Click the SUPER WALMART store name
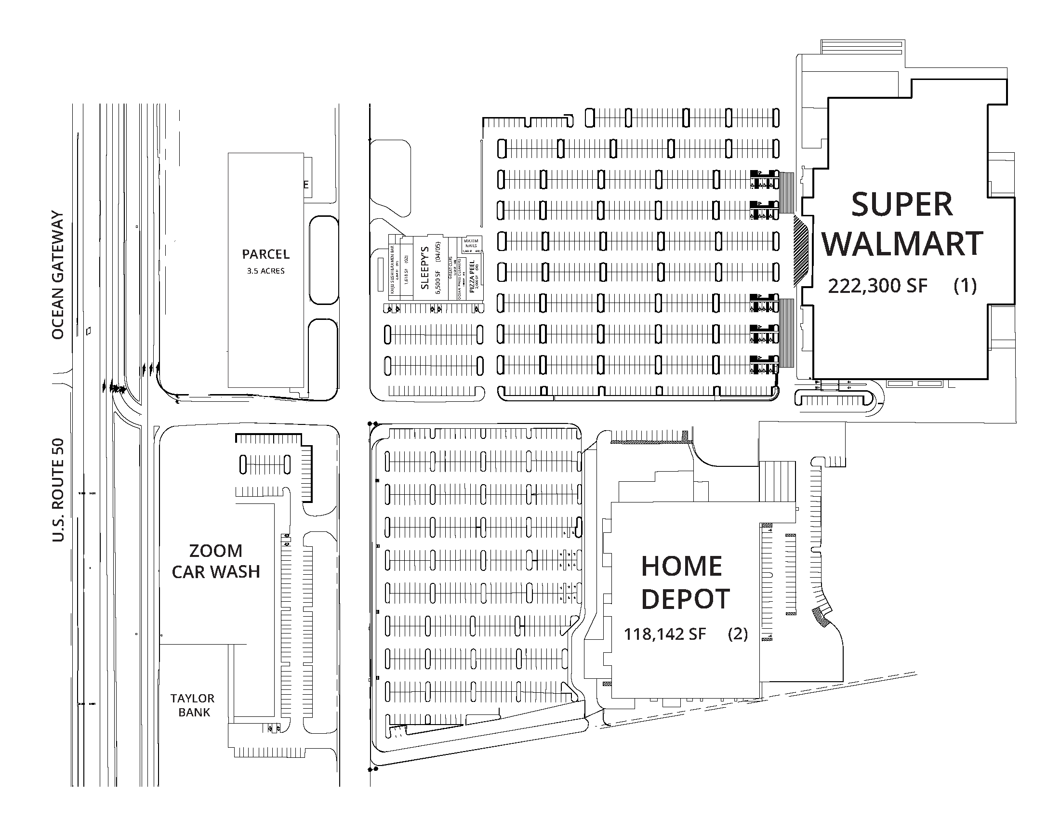point(902,224)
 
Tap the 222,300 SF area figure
point(877,286)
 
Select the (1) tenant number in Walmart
point(965,285)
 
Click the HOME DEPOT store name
point(685,582)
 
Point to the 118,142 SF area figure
point(664,634)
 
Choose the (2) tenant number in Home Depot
point(738,634)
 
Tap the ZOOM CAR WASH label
point(215,561)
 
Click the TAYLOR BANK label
point(193,705)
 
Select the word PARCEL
point(265,254)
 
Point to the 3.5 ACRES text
point(265,271)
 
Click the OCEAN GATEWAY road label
point(58,275)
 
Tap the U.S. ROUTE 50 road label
point(58,490)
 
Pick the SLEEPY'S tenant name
point(425,268)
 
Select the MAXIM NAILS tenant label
point(471,243)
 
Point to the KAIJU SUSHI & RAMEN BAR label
point(392,270)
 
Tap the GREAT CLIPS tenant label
point(450,267)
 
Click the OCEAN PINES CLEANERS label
point(459,279)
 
